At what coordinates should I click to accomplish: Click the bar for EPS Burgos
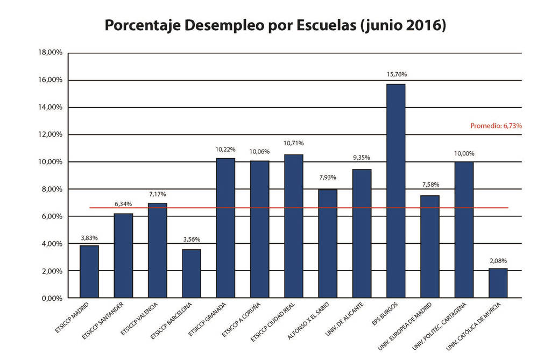click(x=395, y=191)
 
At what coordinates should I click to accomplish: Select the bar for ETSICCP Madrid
click(x=89, y=271)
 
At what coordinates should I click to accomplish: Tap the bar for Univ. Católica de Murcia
click(x=498, y=283)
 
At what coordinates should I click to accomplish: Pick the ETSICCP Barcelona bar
click(x=191, y=273)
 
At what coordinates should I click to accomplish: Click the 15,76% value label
click(x=396, y=74)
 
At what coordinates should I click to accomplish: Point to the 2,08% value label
click(x=498, y=260)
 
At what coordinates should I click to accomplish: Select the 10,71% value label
click(x=293, y=143)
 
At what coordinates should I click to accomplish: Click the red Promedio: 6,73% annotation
click(x=496, y=125)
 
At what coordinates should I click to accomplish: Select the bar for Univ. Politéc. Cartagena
click(x=464, y=230)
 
